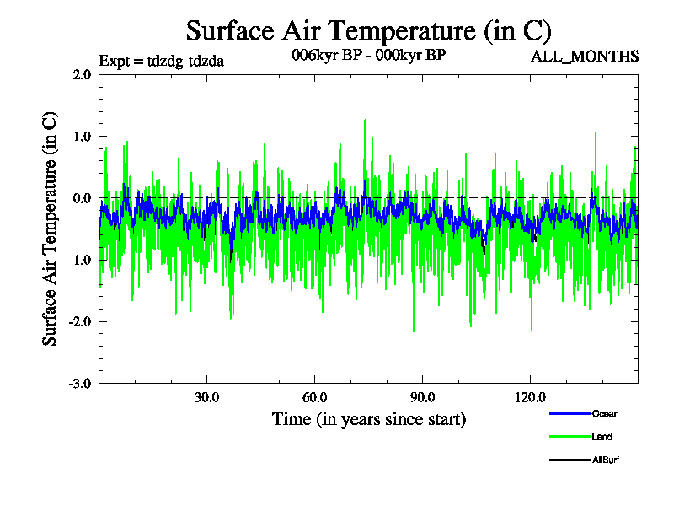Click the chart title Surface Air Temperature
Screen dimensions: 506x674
pos(368,30)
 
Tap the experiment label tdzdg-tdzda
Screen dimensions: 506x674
pos(161,61)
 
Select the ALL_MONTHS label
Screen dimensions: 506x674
pos(584,57)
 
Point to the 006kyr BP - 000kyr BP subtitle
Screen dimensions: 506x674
pos(368,55)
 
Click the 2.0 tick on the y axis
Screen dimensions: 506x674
pos(82,74)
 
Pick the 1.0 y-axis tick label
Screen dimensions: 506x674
pos(82,136)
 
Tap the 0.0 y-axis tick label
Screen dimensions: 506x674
pos(82,198)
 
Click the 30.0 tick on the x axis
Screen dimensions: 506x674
pos(206,397)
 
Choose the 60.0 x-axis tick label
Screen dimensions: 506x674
pos(314,397)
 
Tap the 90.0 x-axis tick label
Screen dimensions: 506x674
pos(422,397)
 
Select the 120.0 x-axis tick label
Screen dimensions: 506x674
pos(530,397)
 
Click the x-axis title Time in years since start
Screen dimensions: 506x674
pos(368,419)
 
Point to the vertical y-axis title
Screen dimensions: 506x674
pos(51,228)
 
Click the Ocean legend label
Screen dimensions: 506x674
pos(605,414)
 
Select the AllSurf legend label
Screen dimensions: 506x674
pos(607,460)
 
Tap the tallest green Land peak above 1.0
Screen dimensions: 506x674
pos(365,121)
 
